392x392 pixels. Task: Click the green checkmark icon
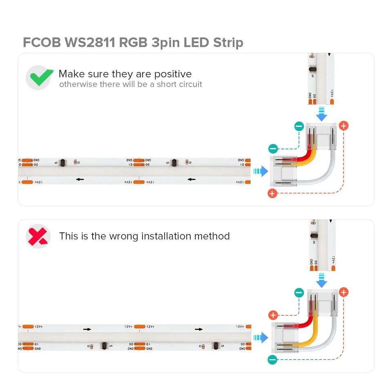pos(39,78)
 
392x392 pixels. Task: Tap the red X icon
pos(38,236)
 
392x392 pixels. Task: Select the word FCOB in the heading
pos(42,42)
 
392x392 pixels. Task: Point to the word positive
pos(172,74)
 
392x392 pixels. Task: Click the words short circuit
pos(179,85)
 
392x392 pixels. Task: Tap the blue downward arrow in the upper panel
pos(322,114)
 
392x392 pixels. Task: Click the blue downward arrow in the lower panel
pos(322,281)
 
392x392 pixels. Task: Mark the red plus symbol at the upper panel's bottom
pos(272,193)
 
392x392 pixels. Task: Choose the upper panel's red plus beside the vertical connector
pos(343,126)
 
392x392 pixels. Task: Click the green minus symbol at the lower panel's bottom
pos(272,360)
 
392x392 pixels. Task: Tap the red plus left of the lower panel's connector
pos(273,315)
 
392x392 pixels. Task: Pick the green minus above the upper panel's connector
pos(299,126)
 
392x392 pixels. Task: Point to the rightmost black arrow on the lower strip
pos(199,329)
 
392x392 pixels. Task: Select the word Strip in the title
pos(228,42)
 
